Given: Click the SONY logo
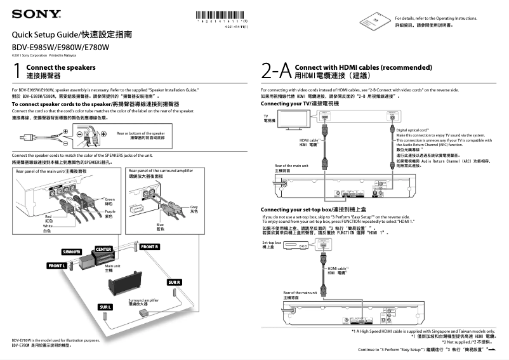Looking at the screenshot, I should [35, 13].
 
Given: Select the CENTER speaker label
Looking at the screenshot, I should [103, 248].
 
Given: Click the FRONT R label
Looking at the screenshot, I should [150, 246].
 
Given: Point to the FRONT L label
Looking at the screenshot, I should [56, 265].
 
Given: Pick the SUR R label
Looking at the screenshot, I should [175, 281].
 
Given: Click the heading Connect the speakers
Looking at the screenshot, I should [61, 67].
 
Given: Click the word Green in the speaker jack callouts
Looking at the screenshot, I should [110, 199].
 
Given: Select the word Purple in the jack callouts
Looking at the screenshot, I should [110, 211].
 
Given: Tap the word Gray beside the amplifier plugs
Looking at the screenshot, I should [194, 206].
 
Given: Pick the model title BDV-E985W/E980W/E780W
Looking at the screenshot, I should [61, 47].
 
